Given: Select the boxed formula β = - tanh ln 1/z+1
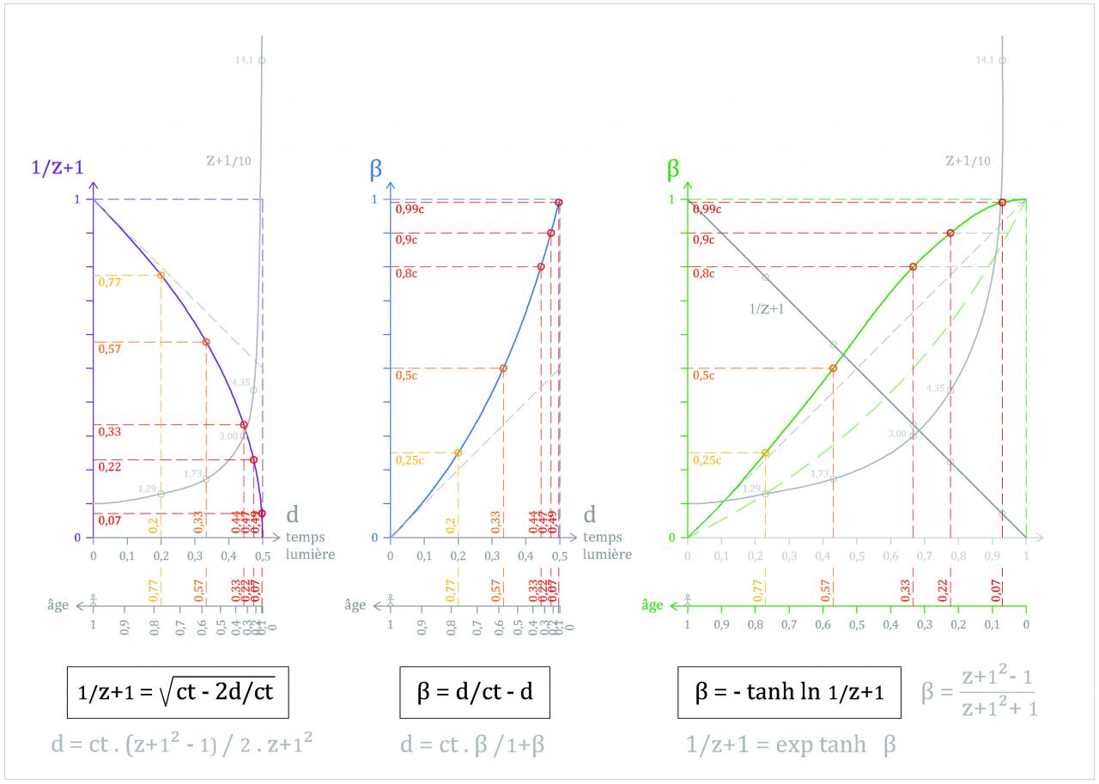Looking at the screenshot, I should (789, 691).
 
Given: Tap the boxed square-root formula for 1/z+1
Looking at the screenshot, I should (177, 691).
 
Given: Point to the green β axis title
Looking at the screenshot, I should (673, 169).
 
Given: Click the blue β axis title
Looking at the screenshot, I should (376, 169).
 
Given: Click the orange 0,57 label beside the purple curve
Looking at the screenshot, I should (109, 349).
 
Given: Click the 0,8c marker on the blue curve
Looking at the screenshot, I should (541, 266).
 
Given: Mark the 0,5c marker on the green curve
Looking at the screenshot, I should (833, 368).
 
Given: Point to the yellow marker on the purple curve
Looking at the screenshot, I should (161, 275).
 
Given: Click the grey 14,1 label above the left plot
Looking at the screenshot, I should (244, 60).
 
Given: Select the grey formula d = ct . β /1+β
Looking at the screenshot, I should (472, 744).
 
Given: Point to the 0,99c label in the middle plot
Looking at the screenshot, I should (410, 210).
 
